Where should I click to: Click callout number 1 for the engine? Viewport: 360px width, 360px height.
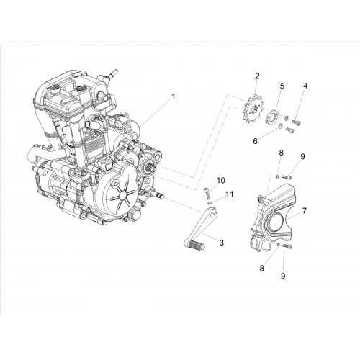coord(173,96)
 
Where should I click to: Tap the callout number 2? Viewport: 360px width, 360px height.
coord(257,76)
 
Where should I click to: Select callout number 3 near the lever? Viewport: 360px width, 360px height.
coord(221,243)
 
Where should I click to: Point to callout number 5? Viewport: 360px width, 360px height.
coord(305,86)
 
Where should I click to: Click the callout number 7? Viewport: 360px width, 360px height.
coord(282,86)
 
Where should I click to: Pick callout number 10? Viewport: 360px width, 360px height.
coord(255,141)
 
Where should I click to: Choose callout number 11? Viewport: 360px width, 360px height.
coord(305,211)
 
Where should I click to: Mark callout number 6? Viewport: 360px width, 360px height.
coord(281,153)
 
